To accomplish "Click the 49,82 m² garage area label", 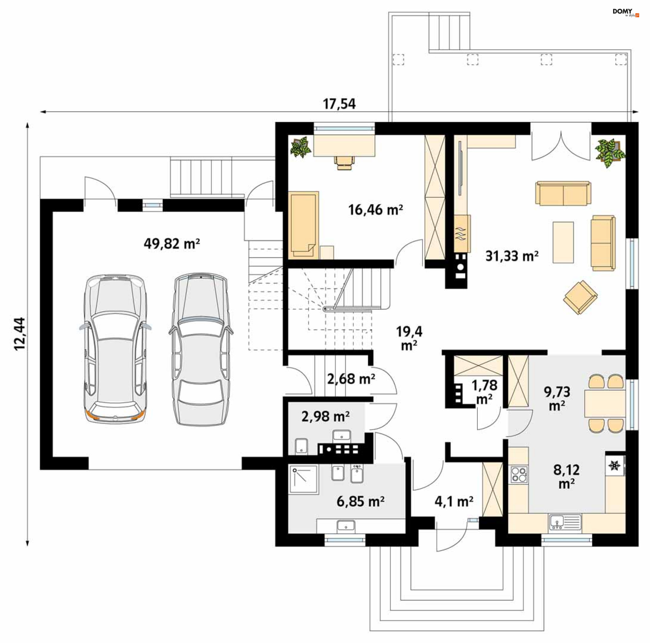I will tap(172, 243).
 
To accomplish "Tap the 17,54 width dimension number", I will tap(339, 104).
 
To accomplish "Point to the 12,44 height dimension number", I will tap(20, 333).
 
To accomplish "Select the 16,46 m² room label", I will tap(375, 210).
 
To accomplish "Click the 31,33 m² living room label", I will tap(512, 256).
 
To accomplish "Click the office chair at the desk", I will tap(345, 162).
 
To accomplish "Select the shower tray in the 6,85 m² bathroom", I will tap(303, 479).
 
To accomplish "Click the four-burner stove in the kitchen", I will tap(519, 474).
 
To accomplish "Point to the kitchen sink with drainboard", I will tap(565, 522).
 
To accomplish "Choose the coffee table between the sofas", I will tap(563, 242).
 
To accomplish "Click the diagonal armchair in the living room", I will tap(580, 297).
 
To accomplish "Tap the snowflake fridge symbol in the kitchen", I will tap(614, 466).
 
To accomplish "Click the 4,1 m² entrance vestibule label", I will tap(454, 501).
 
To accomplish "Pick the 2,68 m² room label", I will tap(351, 379).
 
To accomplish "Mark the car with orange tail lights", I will tap(115, 348).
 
